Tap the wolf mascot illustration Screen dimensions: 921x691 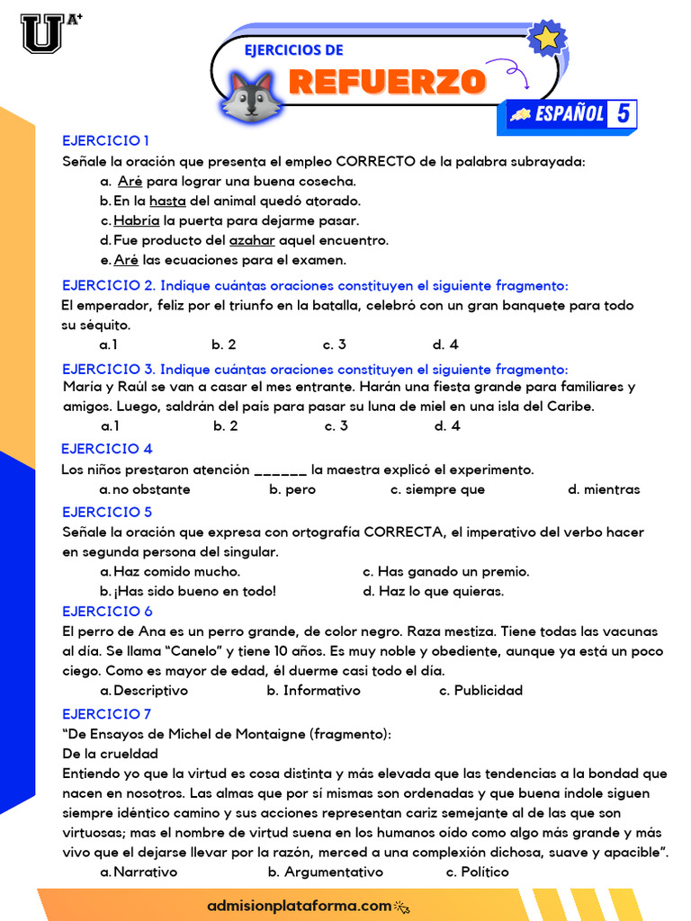252,97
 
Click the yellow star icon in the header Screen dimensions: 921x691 546,39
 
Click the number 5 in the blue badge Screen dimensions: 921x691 623,114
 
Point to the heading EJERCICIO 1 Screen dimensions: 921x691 105,140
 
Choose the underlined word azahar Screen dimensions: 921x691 252,240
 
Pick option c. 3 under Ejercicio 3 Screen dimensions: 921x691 337,426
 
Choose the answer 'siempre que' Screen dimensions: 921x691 437,490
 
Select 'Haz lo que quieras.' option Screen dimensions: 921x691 433,591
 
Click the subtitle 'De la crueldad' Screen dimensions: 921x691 110,754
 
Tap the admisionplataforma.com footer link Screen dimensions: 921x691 300,906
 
